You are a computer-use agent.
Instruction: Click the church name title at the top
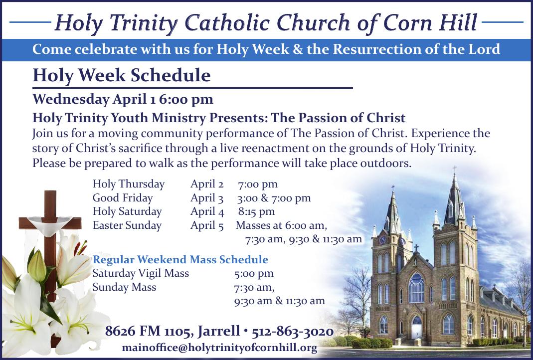[266, 22]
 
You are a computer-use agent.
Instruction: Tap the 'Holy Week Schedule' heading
[121, 76]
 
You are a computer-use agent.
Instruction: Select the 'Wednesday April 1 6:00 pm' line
[123, 99]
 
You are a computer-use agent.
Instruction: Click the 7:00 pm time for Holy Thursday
[258, 184]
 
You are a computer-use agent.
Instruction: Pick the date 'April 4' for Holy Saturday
[207, 211]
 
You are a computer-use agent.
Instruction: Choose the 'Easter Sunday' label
[127, 225]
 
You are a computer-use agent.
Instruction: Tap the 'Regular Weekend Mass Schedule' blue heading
[180, 259]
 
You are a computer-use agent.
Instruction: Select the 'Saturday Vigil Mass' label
[141, 273]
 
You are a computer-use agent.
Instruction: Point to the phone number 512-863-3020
[293, 332]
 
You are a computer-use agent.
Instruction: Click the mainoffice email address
[219, 348]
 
